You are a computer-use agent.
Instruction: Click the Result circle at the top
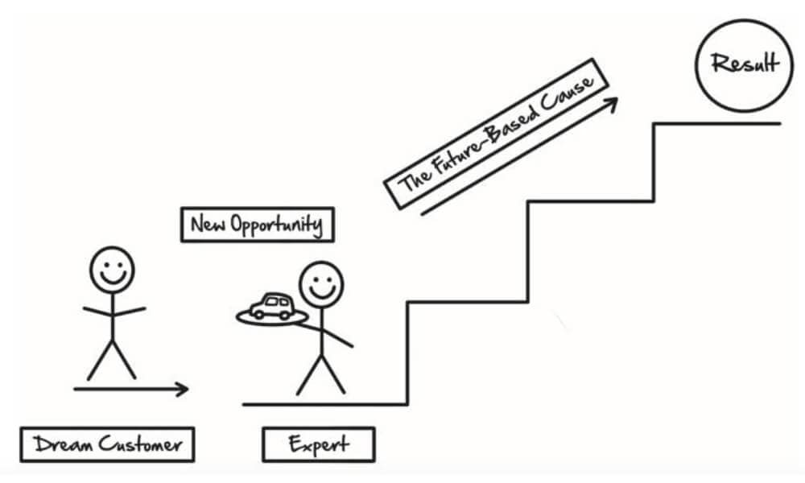tap(745, 62)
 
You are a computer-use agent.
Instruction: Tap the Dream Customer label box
tap(107, 444)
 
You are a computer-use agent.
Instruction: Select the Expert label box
tap(319, 444)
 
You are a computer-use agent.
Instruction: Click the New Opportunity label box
tap(257, 225)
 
